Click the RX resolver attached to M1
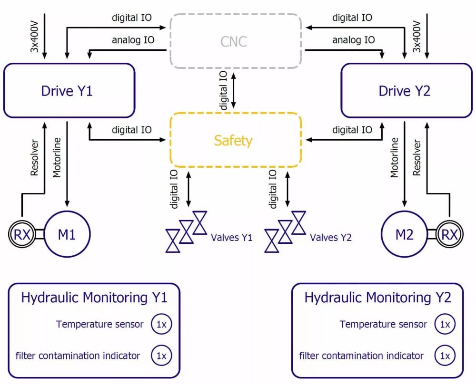(22, 234)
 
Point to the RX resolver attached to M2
(450, 234)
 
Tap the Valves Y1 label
(232, 237)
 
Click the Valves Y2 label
(331, 237)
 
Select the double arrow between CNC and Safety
(233, 90)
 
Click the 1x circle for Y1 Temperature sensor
(161, 324)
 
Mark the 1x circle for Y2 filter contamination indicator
(445, 355)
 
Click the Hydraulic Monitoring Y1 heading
(94, 298)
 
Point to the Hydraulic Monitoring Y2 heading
(377, 298)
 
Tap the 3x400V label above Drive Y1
(35, 37)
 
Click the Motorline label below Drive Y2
(394, 157)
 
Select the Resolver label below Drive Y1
(35, 158)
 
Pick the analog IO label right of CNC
(353, 40)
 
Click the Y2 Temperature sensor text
(383, 324)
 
